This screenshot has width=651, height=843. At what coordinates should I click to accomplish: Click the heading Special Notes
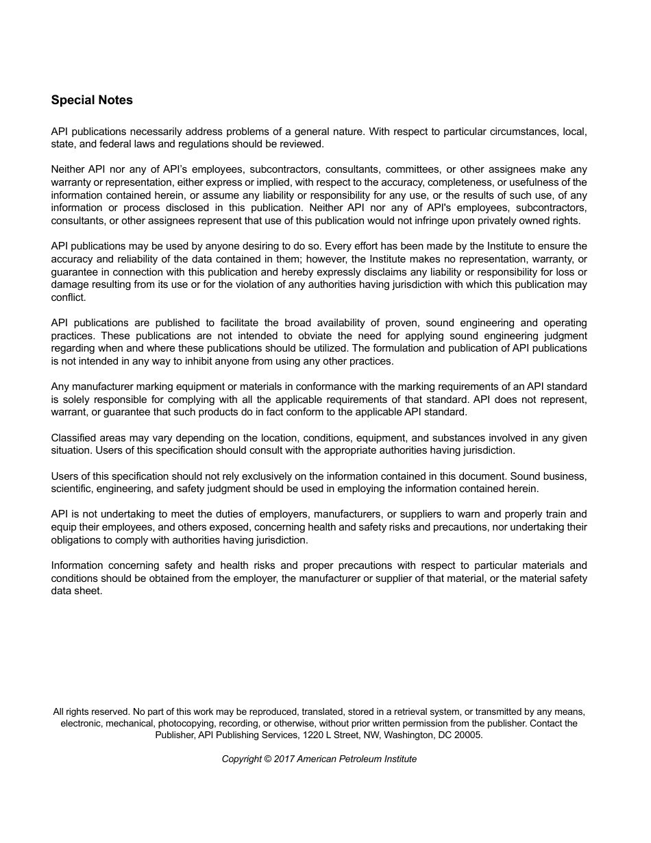[x=92, y=100]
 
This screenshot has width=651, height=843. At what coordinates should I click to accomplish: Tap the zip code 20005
[x=468, y=735]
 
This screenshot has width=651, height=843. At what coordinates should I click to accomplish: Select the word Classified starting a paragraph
[x=73, y=438]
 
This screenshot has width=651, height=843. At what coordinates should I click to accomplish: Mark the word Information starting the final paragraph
[x=77, y=565]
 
